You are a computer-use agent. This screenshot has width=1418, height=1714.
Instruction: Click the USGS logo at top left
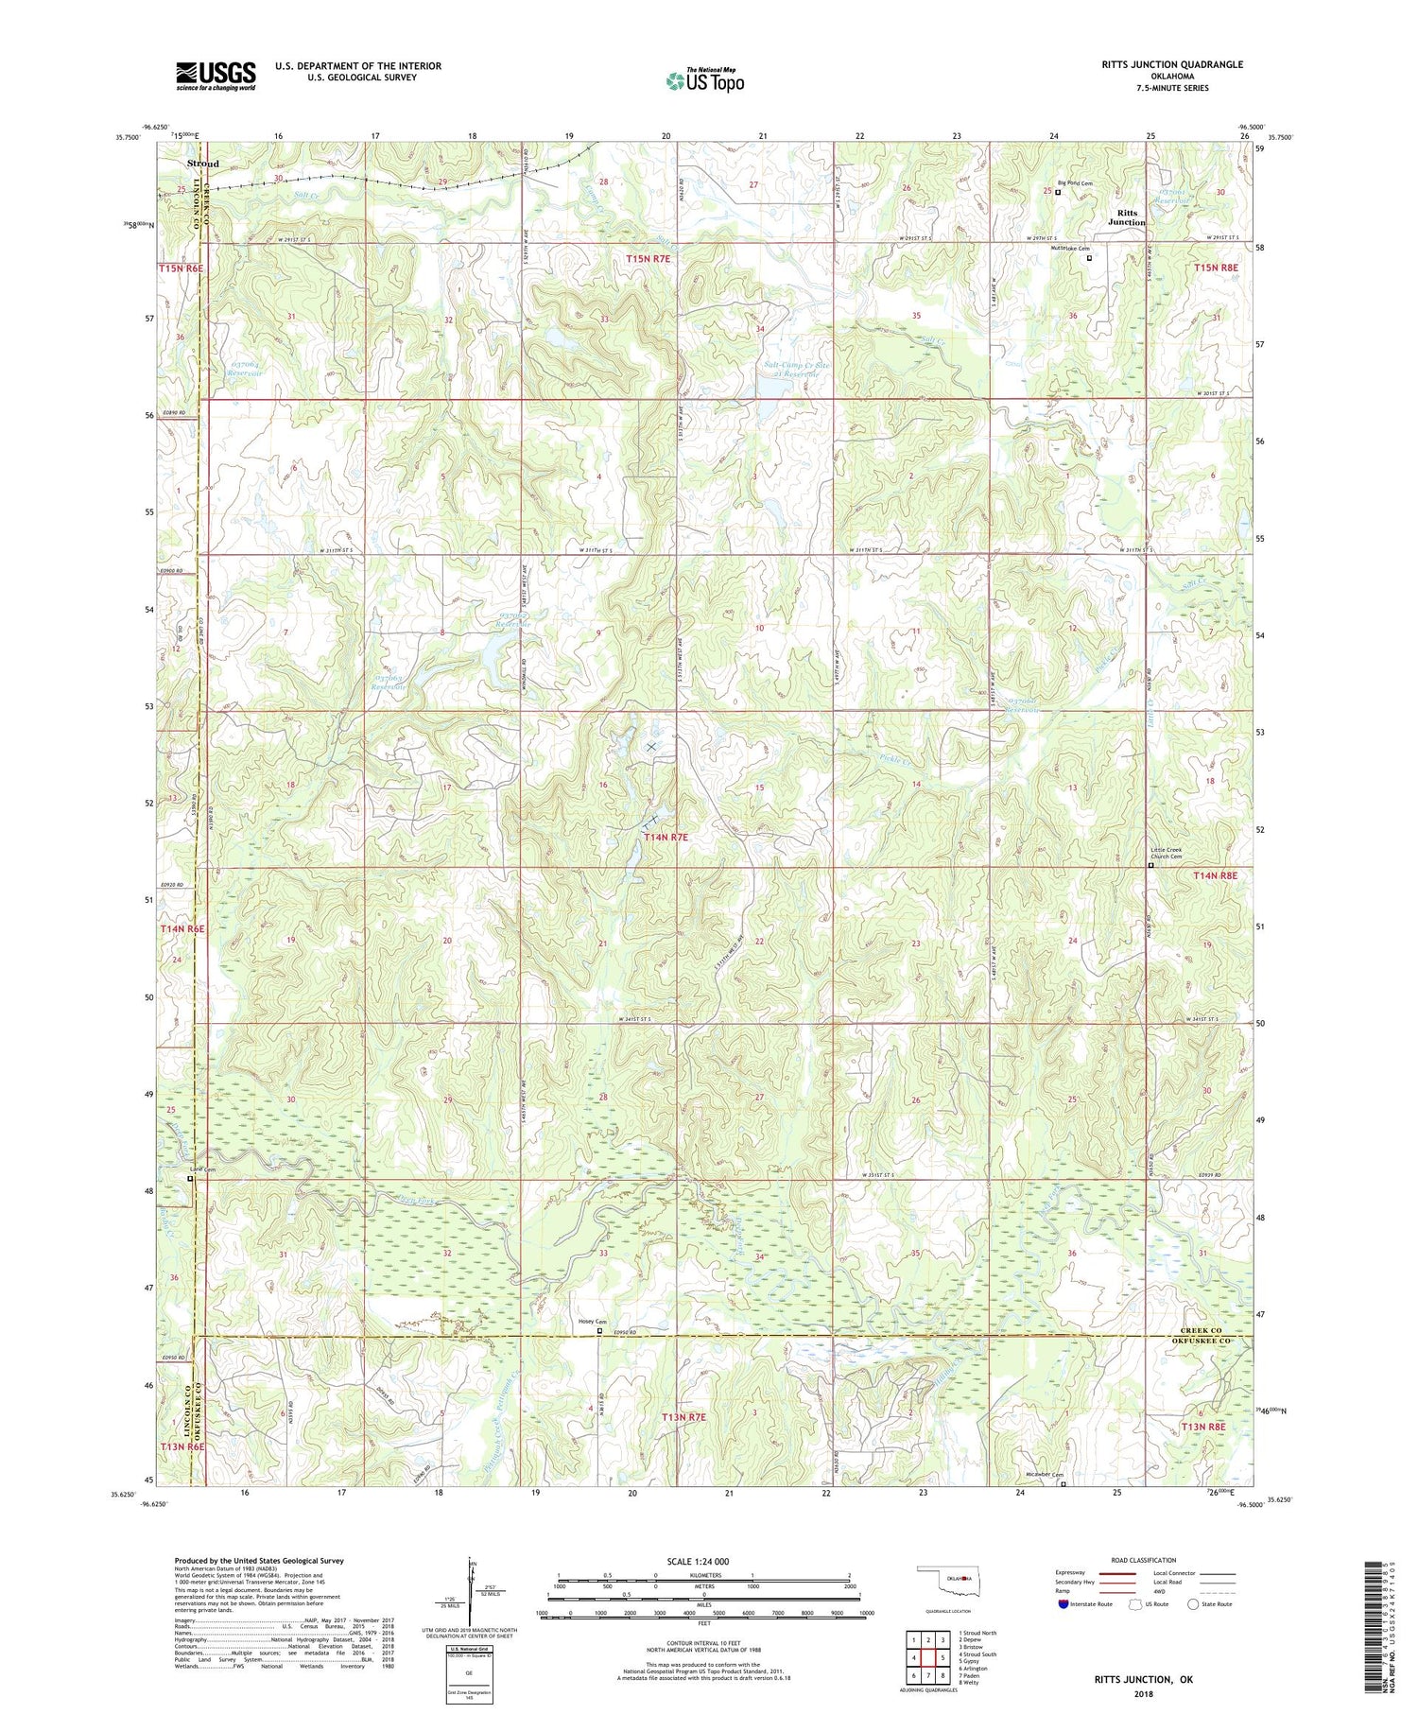pos(216,76)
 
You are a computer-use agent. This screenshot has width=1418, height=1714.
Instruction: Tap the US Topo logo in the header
pos(705,81)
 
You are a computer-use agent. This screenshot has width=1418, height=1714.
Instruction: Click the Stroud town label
pos(202,164)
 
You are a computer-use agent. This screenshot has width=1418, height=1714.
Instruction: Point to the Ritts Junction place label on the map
pos(1127,217)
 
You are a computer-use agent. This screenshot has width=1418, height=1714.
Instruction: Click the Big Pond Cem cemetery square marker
pos(1058,192)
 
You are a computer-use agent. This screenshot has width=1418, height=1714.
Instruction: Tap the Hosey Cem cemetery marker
pos(598,1330)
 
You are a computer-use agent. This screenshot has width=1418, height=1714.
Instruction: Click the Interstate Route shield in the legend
pos(1063,1604)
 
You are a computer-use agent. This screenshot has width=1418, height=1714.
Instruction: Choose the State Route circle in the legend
pos(1194,1604)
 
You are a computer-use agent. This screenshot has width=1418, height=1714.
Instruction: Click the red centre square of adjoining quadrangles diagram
pos(929,1657)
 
